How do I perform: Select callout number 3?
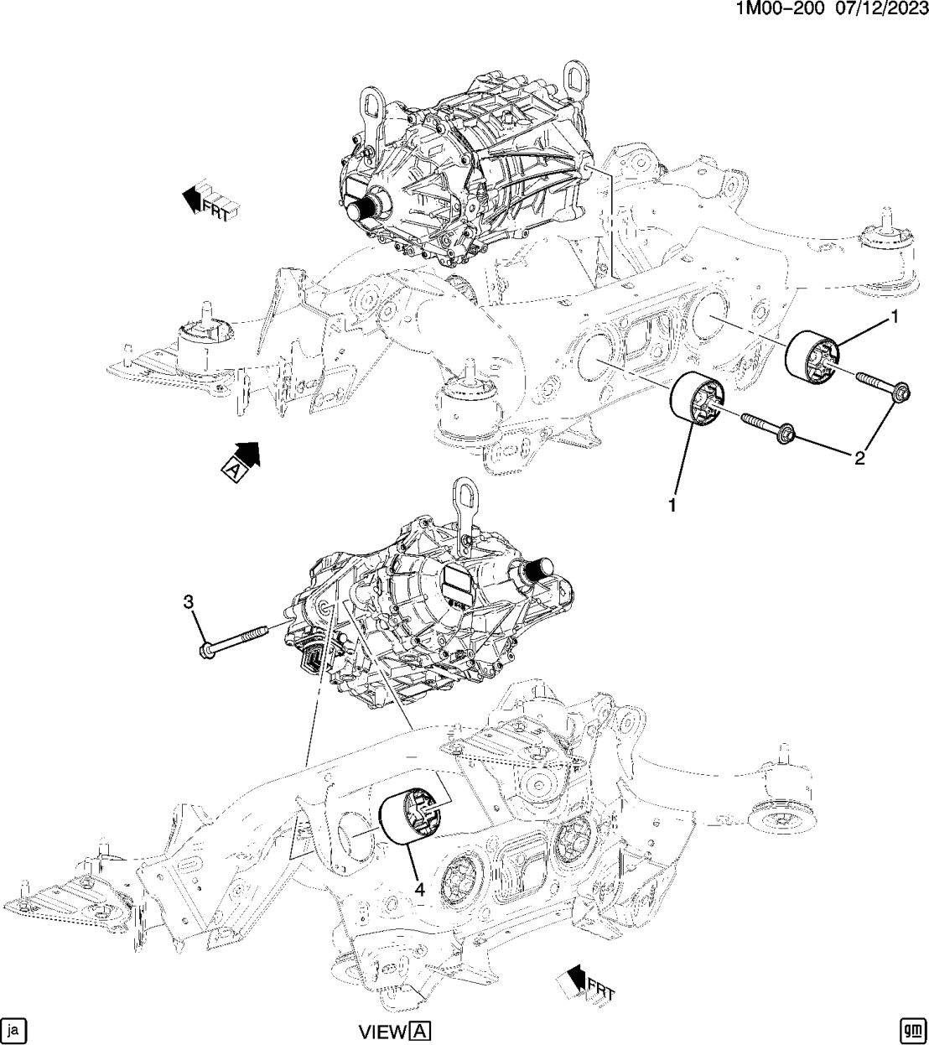[x=189, y=601]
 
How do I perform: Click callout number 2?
[x=859, y=458]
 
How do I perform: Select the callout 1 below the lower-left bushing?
[x=671, y=505]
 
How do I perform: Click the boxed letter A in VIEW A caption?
[x=419, y=1031]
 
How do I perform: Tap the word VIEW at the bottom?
[x=381, y=1031]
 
